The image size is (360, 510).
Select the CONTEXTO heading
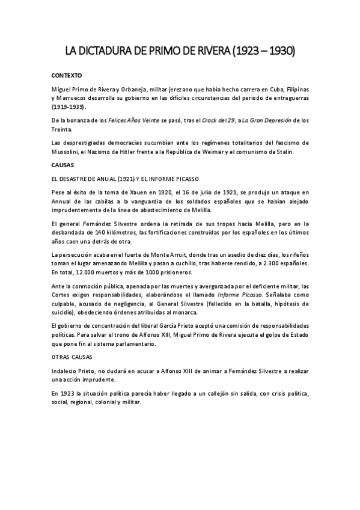(67, 76)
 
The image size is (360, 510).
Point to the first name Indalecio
(67, 372)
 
